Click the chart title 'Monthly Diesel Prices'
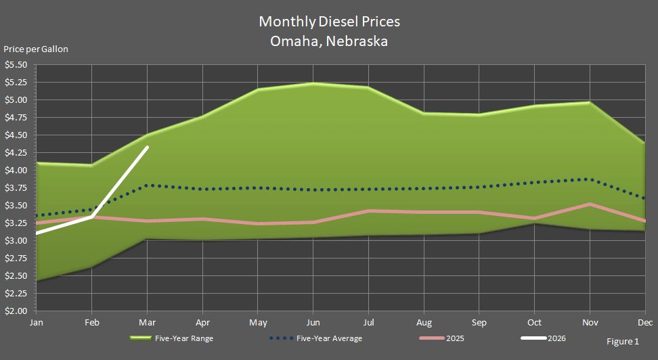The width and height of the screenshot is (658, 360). (x=329, y=22)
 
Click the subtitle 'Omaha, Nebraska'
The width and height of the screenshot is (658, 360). (x=329, y=41)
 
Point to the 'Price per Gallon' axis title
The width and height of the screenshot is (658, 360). (x=36, y=49)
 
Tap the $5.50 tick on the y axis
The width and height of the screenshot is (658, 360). (x=16, y=65)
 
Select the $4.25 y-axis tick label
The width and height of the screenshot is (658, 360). (x=16, y=153)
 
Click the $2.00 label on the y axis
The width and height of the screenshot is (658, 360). (x=16, y=311)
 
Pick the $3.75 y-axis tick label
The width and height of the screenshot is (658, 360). (x=16, y=188)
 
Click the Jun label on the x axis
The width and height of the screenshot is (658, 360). (x=313, y=322)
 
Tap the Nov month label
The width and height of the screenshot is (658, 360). (x=590, y=322)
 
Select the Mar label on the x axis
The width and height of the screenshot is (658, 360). (x=147, y=322)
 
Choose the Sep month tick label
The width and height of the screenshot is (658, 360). (x=479, y=322)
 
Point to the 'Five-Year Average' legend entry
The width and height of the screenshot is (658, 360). (x=334, y=338)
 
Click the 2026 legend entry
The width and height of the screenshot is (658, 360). (x=555, y=338)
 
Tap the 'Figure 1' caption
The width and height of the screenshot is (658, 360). (x=622, y=342)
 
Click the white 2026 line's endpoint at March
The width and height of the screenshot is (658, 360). (x=147, y=147)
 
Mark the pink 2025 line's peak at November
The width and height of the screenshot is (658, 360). (x=590, y=204)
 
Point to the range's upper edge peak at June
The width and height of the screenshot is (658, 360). (x=313, y=83)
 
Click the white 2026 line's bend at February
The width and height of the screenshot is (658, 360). (x=92, y=217)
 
